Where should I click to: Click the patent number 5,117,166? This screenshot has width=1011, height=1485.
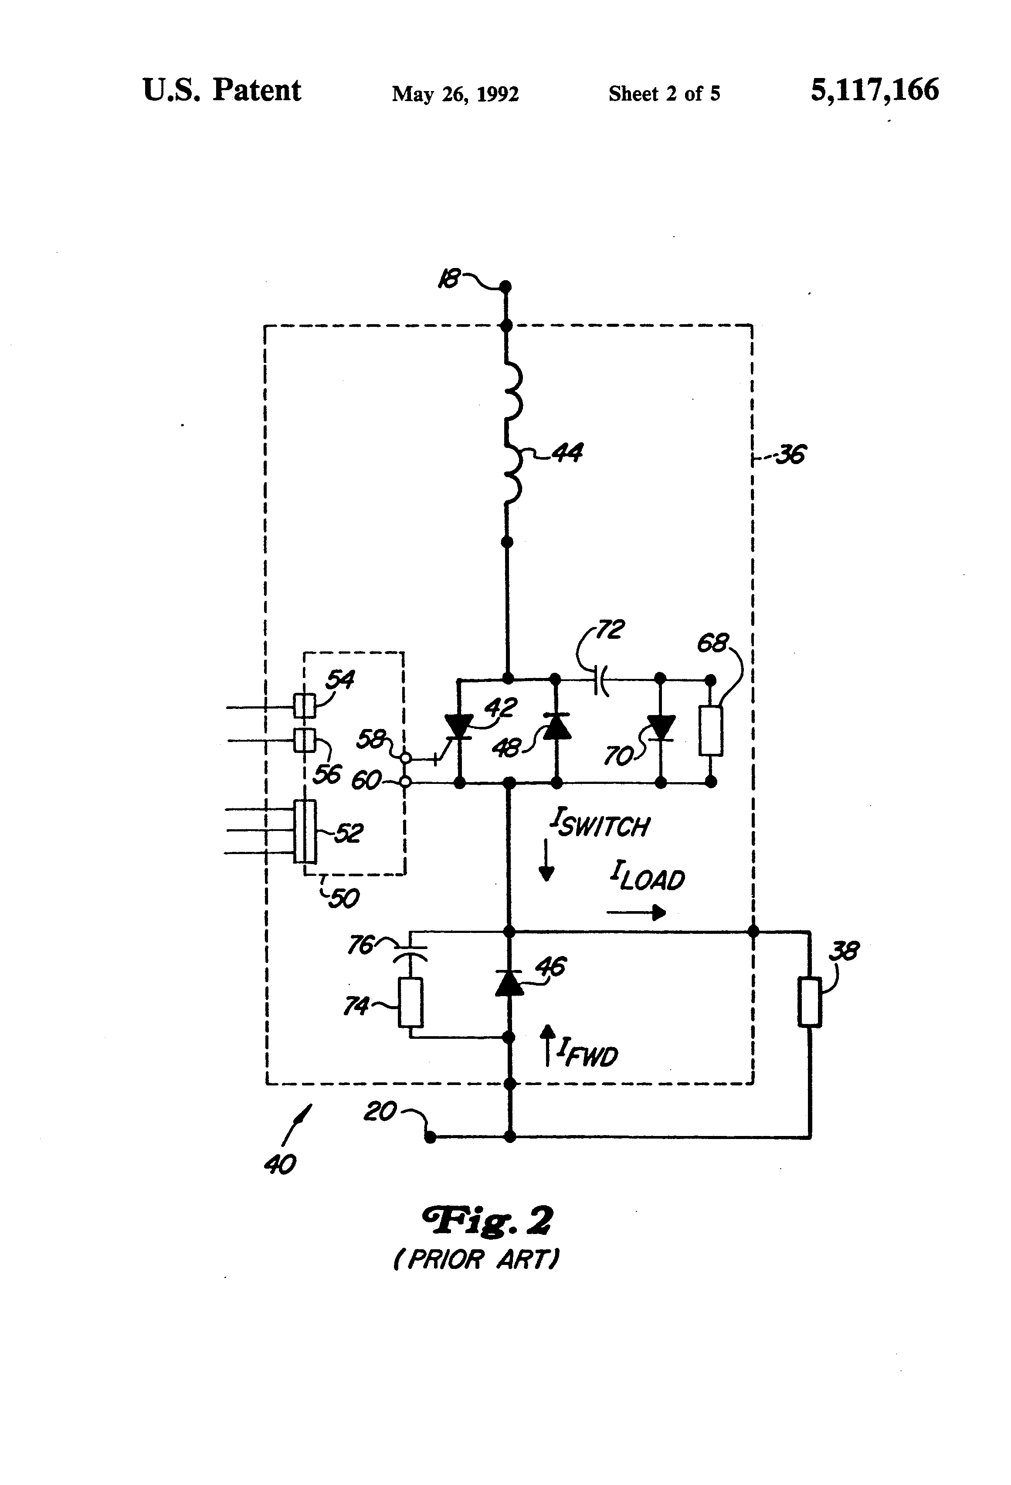click(874, 90)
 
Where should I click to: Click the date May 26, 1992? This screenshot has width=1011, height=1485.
click(455, 94)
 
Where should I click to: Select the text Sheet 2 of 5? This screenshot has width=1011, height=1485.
click(664, 94)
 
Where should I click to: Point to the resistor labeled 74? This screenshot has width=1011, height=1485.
click(410, 1002)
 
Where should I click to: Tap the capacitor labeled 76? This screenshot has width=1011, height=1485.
click(410, 952)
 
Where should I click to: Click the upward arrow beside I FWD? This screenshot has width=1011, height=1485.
click(547, 1045)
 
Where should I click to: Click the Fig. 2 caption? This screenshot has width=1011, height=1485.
click(488, 1221)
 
